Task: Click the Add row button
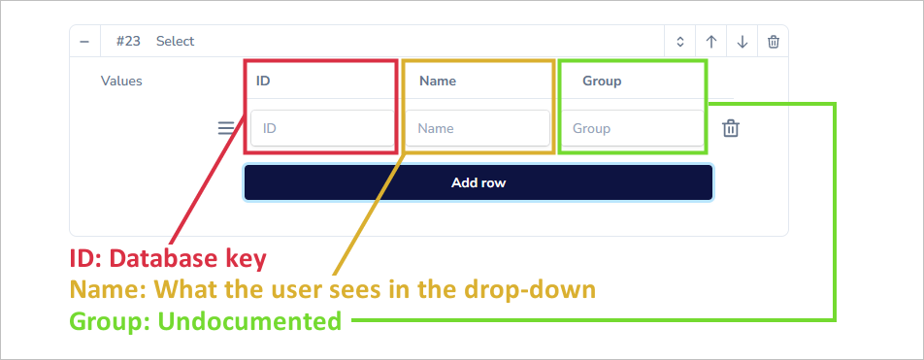pyautogui.click(x=478, y=182)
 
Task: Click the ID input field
pyautogui.click(x=322, y=128)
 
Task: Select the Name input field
pyautogui.click(x=478, y=128)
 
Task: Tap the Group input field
pyautogui.click(x=632, y=128)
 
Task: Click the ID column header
pyautogui.click(x=263, y=81)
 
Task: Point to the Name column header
pyautogui.click(x=438, y=81)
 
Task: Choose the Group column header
pyautogui.click(x=602, y=81)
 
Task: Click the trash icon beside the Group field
pyautogui.click(x=731, y=128)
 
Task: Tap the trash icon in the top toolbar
pyautogui.click(x=773, y=42)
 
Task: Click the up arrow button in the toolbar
pyautogui.click(x=711, y=42)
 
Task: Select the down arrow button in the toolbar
pyautogui.click(x=742, y=42)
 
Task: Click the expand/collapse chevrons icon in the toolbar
pyautogui.click(x=680, y=42)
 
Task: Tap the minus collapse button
pyautogui.click(x=84, y=42)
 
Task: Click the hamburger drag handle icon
pyautogui.click(x=225, y=127)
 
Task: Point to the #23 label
pyautogui.click(x=129, y=42)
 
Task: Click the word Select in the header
pyautogui.click(x=175, y=42)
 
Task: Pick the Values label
pyautogui.click(x=121, y=81)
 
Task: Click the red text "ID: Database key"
pyautogui.click(x=167, y=259)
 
